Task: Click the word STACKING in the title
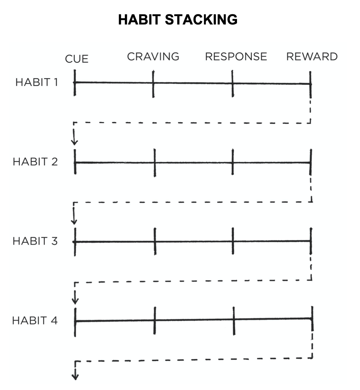(x=201, y=20)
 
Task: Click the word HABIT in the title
(x=139, y=20)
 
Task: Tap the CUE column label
(x=77, y=59)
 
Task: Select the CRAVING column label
(x=153, y=56)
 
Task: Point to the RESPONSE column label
(x=236, y=56)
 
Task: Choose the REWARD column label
(x=312, y=56)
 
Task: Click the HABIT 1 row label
(x=37, y=82)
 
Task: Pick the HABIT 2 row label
(x=35, y=162)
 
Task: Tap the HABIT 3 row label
(x=35, y=241)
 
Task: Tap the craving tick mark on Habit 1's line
(x=153, y=84)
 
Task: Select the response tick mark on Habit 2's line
(x=233, y=162)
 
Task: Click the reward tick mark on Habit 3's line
(x=311, y=241)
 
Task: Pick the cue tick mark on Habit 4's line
(x=75, y=323)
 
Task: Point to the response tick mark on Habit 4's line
(x=234, y=321)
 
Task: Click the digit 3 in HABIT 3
(x=55, y=241)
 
